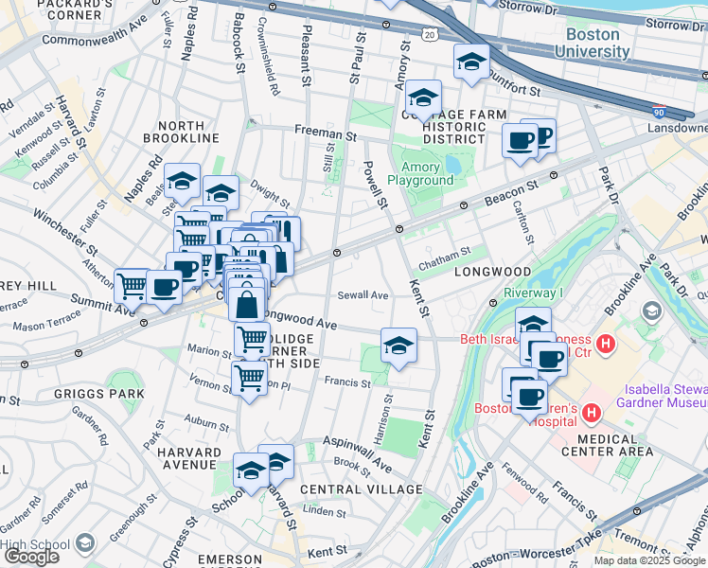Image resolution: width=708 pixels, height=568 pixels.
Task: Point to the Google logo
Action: pos(31,557)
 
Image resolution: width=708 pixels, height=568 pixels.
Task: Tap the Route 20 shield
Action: pos(430,34)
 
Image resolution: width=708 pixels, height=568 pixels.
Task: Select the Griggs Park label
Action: pos(114,393)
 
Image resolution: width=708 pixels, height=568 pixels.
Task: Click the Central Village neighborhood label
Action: pos(361,489)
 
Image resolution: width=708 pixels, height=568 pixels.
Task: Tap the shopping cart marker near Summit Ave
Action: pos(132,285)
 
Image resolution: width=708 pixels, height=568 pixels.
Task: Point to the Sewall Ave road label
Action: pos(364,295)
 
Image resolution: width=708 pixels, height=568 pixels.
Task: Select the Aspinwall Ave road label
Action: pos(357,453)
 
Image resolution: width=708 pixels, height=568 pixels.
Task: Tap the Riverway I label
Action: pos(533,293)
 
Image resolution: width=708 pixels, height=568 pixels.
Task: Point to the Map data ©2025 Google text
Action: pos(649,560)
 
